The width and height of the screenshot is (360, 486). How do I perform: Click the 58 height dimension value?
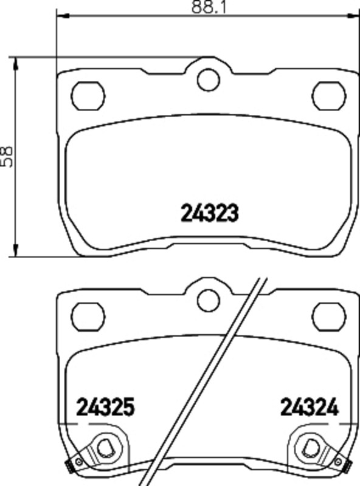pyautogui.click(x=7, y=157)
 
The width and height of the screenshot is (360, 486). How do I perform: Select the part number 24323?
pyautogui.click(x=209, y=213)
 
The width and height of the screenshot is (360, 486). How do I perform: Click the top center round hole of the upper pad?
pyautogui.click(x=208, y=80)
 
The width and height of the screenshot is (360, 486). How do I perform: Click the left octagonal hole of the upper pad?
pyautogui.click(x=88, y=95)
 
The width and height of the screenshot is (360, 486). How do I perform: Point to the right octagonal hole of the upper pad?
pyautogui.click(x=329, y=95)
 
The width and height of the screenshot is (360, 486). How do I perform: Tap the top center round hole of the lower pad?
pyautogui.click(x=208, y=301)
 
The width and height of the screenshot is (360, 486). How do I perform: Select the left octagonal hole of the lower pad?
pyautogui.click(x=88, y=317)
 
